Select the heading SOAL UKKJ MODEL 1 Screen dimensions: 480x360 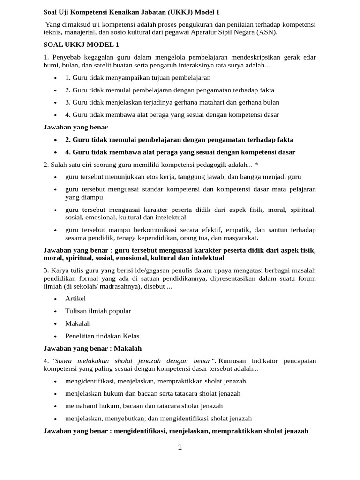(x=81, y=45)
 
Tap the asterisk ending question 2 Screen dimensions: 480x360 (x=256, y=164)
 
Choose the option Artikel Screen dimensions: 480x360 (x=75, y=299)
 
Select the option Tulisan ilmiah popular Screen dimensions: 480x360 (x=98, y=311)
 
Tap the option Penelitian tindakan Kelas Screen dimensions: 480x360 (x=102, y=336)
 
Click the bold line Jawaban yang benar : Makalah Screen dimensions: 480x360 (x=92, y=348)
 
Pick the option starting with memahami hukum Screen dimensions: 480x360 (x=144, y=406)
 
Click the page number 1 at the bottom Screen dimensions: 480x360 (x=180, y=448)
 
